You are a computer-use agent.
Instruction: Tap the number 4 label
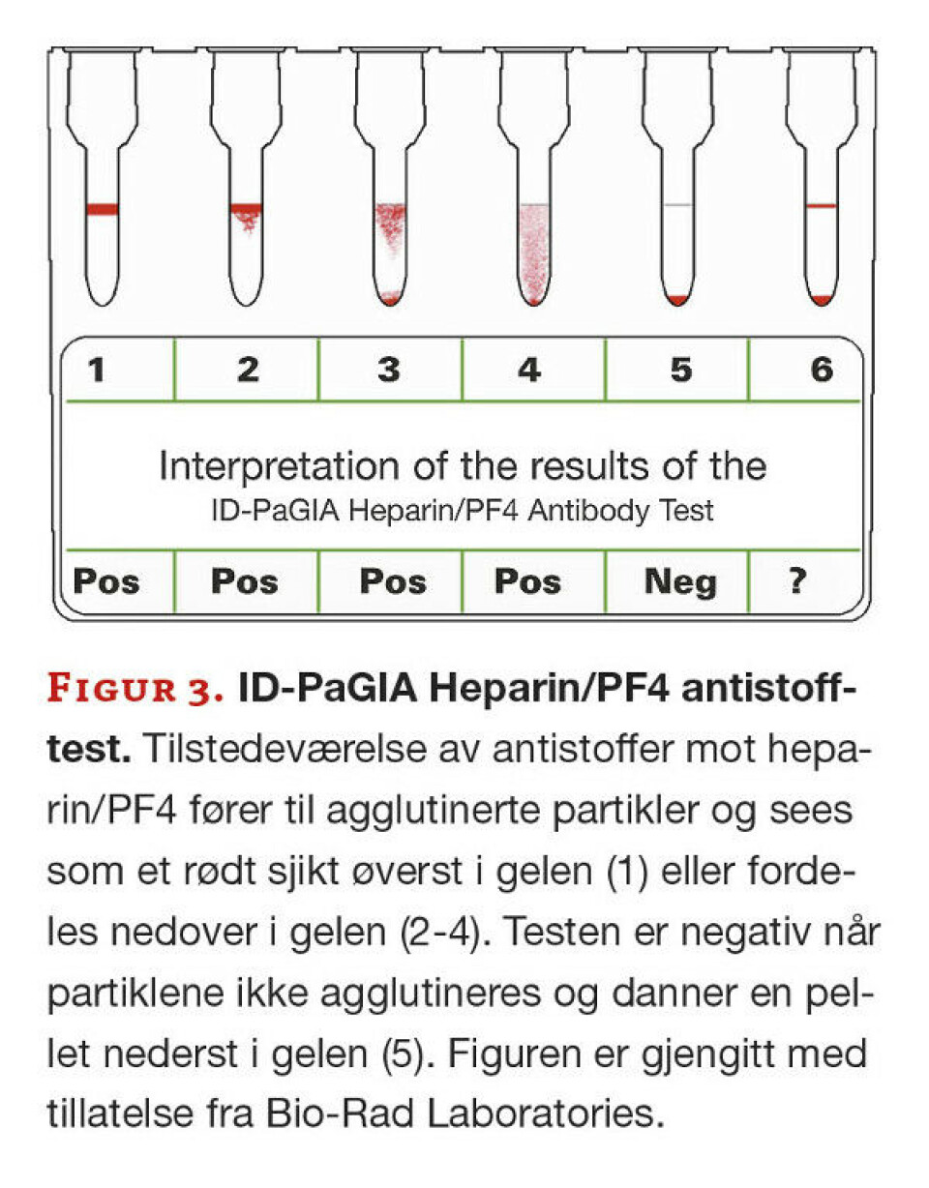coord(528,370)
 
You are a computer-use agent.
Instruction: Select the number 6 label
coord(822,370)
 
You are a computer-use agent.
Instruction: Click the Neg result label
coord(680,581)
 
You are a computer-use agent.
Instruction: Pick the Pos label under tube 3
coord(393,581)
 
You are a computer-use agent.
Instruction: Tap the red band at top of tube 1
coord(102,209)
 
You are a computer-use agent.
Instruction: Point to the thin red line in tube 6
coord(821,206)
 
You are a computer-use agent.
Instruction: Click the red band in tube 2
coord(246,208)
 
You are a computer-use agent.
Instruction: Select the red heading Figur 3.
coord(136,693)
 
